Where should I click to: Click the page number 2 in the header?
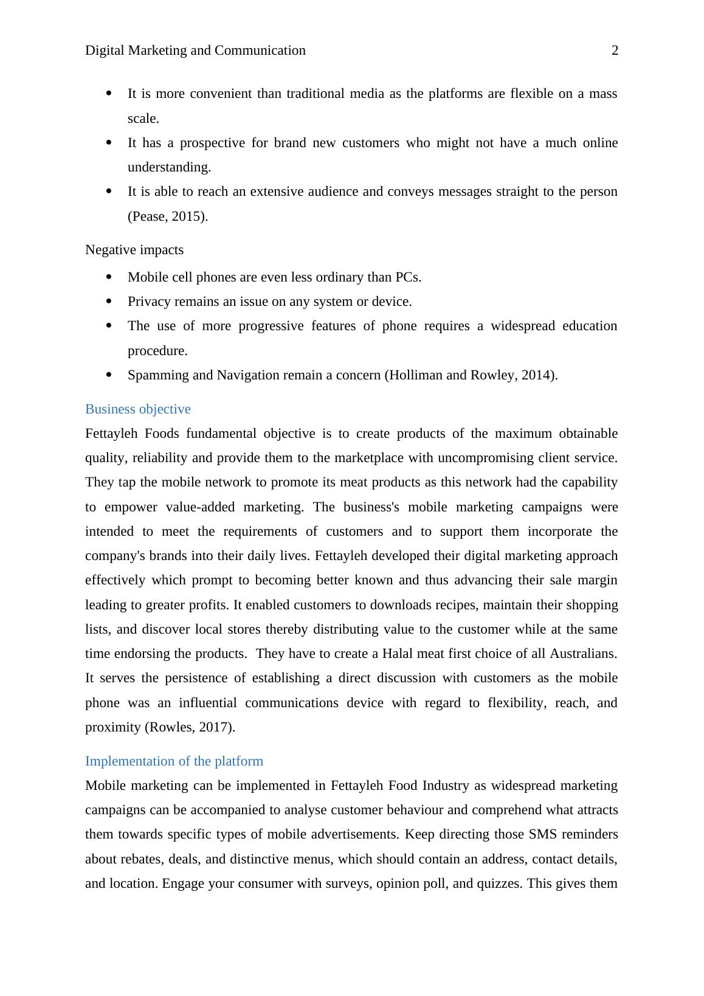615,50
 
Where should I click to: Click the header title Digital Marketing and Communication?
195,50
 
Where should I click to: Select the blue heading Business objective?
138,409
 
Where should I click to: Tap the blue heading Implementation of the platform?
174,761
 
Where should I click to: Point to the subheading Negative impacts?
134,250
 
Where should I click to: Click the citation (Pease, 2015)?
168,216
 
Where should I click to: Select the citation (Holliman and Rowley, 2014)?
471,375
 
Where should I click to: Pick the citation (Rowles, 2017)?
190,727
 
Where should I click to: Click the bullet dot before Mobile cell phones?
109,277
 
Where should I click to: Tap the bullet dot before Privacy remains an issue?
109,302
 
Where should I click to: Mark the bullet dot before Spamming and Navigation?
109,375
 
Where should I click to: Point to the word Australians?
583,654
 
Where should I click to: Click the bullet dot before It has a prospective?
109,143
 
